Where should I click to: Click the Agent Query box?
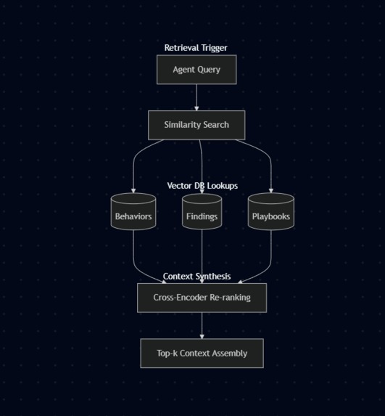tap(196, 70)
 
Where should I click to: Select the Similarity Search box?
tap(196, 125)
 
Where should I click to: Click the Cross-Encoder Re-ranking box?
tap(202, 298)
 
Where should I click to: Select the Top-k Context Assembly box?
tap(202, 354)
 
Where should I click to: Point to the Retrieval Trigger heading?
tap(196, 48)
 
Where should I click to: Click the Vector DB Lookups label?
tap(202, 186)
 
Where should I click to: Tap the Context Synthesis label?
tap(196, 277)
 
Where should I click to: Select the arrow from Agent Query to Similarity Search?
tap(196, 97)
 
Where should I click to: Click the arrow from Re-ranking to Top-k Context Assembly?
tap(202, 325)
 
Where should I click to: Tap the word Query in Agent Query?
tap(208, 70)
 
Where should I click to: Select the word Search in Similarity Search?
tap(215, 125)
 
